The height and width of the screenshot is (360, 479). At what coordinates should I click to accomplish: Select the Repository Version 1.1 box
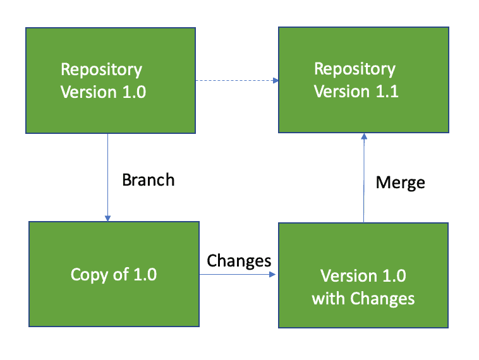[x=363, y=80]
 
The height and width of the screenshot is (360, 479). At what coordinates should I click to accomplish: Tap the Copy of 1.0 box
[x=114, y=273]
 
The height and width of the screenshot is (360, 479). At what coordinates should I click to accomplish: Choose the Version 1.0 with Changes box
[x=363, y=275]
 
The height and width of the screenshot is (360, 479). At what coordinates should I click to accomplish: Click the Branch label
[x=148, y=180]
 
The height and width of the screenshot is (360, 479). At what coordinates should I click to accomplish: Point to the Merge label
[x=400, y=183]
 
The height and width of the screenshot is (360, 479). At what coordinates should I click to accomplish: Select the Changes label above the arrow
[x=239, y=260]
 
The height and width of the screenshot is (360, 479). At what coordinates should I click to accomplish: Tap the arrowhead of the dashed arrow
[x=276, y=81]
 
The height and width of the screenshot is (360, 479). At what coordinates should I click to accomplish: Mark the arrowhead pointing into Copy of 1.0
[x=108, y=218]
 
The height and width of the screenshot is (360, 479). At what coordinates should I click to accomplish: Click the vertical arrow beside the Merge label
[x=364, y=180]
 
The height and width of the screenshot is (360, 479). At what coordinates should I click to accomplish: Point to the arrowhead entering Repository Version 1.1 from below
[x=364, y=137]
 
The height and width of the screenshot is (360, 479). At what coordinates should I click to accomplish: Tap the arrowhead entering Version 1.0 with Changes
[x=275, y=275]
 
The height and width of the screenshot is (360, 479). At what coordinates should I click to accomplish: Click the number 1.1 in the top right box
[x=386, y=92]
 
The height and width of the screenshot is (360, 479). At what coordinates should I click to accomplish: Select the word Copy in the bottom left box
[x=88, y=275]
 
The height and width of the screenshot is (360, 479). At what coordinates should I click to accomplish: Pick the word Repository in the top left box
[x=101, y=69]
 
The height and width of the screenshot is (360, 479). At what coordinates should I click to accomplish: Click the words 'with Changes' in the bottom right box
[x=363, y=298]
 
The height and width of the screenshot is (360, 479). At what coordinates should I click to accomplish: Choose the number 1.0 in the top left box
[x=132, y=92]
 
